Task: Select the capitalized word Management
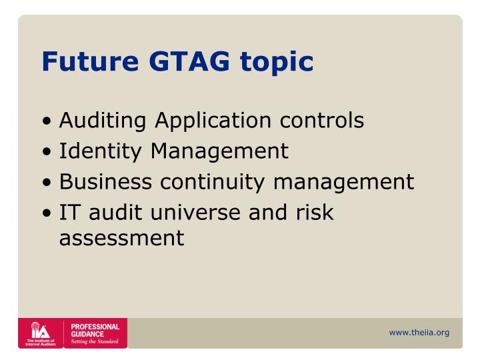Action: (x=219, y=152)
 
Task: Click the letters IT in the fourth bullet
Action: (x=69, y=212)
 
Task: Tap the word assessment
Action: (x=121, y=237)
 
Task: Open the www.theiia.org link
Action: (x=419, y=333)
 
